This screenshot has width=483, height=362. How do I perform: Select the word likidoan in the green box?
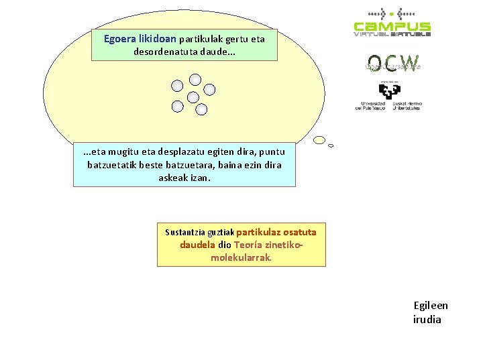[x=157, y=39]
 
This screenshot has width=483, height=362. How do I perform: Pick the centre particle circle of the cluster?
[x=193, y=97]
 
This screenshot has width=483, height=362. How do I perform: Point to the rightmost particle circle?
[x=209, y=89]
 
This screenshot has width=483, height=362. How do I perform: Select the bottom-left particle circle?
[x=177, y=106]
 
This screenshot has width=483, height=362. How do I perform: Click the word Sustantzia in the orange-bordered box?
[x=185, y=233]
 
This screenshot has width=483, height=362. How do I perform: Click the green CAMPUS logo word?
[x=392, y=27]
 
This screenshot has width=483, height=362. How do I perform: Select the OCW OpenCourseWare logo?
[x=392, y=64]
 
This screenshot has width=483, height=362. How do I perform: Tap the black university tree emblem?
[x=389, y=90]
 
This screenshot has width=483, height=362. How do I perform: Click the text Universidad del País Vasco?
[x=370, y=106]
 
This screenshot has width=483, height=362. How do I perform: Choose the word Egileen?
[x=431, y=306]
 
